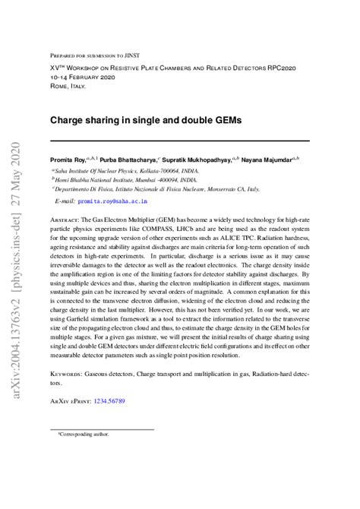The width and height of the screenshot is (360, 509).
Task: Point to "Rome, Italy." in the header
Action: [68, 87]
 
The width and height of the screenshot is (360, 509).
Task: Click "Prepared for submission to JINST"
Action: [98, 55]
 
